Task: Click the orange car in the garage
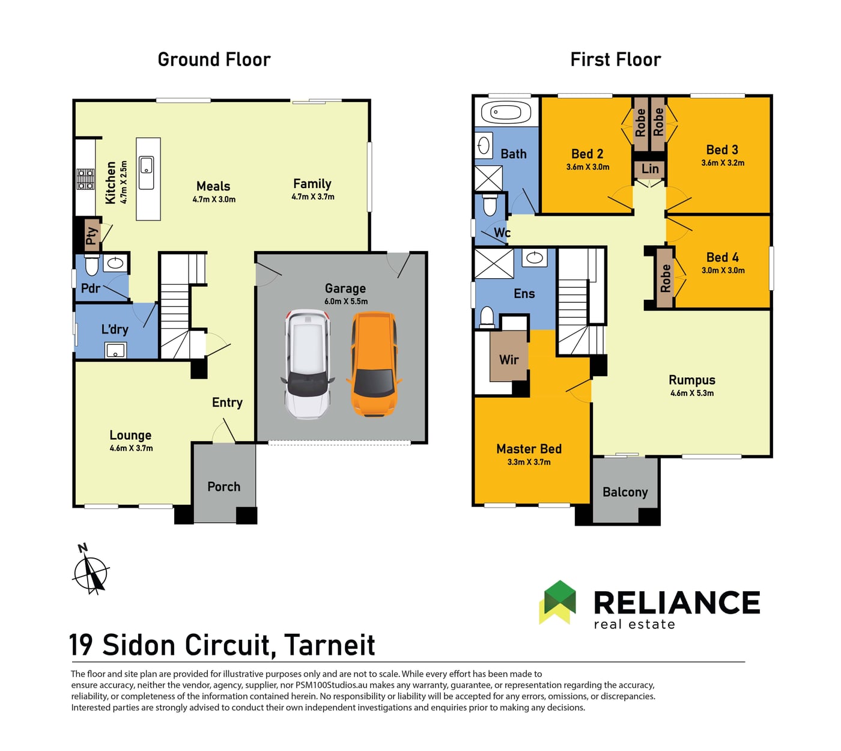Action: tap(374, 363)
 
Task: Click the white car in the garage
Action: tap(308, 364)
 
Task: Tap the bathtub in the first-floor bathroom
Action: tap(506, 112)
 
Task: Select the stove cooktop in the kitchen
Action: tap(85, 179)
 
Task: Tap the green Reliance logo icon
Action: tap(557, 601)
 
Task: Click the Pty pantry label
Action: tap(92, 236)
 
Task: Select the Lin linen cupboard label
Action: tap(649, 169)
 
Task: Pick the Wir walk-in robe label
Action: tap(508, 359)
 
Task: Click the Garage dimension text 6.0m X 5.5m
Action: tap(346, 302)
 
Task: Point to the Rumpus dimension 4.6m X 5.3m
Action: tap(691, 393)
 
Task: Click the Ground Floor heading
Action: tap(214, 59)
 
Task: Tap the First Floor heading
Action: tap(616, 59)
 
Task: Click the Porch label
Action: tap(223, 486)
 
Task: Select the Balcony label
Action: tap(625, 492)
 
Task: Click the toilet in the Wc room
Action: tap(490, 205)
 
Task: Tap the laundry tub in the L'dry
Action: tap(116, 350)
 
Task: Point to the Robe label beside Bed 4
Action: tap(665, 278)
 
